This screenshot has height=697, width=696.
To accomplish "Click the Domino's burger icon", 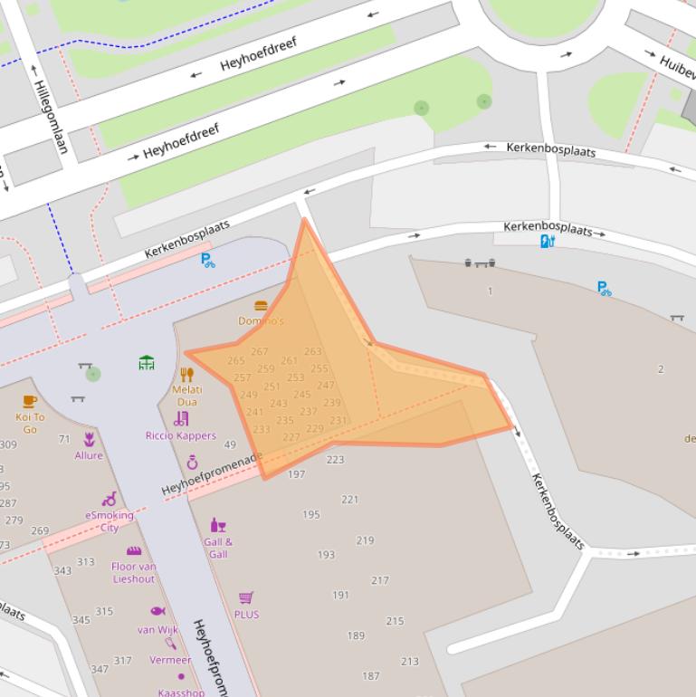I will coord(262,306).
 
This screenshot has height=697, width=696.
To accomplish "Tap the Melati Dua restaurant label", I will coord(186,396).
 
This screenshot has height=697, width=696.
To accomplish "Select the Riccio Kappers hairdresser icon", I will coord(182,418).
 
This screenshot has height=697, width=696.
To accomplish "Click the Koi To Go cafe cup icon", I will coord(30,401).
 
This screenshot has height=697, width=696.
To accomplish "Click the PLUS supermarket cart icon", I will coord(245,597).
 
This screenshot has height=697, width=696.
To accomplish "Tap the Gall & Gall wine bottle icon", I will coord(217,525).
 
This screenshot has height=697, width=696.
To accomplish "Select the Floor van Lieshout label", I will coord(134,572).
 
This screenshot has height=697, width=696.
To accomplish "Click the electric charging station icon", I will coord(546,241).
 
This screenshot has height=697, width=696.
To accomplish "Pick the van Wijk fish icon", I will coord(157,611).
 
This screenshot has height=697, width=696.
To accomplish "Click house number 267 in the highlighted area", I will coord(260,352).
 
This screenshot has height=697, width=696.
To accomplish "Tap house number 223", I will coord(335,460).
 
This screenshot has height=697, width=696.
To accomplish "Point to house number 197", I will coord(296,474).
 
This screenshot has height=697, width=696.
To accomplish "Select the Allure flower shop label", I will coord(89,455).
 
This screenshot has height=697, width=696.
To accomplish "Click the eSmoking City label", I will coord(110,521).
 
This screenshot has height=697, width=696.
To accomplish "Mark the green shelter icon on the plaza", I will coord(147,363).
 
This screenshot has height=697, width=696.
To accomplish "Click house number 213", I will coord(409,662).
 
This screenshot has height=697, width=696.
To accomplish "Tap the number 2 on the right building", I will coord(661,369).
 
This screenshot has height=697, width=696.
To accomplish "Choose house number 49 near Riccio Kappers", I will coord(230,444).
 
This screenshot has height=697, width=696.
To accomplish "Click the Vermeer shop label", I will coord(170,660).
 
